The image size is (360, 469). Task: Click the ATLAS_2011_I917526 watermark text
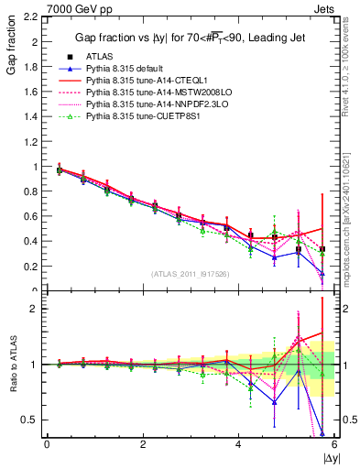pos(189,274)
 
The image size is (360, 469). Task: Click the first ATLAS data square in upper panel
pos(60,169)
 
